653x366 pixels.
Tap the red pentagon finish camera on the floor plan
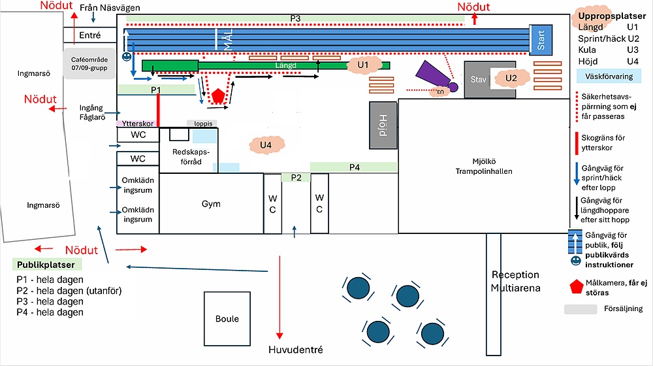218,95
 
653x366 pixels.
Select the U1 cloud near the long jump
364,65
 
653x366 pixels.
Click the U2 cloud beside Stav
511,78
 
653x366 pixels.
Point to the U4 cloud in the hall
266,144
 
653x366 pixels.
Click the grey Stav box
479,79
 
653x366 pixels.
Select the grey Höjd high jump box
383,124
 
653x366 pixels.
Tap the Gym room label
211,204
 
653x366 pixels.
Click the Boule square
227,319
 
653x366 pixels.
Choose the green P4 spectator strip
354,167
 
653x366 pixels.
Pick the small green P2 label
296,177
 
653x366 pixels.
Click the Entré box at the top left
89,35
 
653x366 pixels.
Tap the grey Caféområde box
89,63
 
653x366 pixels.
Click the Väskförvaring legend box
609,76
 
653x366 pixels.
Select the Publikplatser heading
46,265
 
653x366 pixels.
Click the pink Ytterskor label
138,123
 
